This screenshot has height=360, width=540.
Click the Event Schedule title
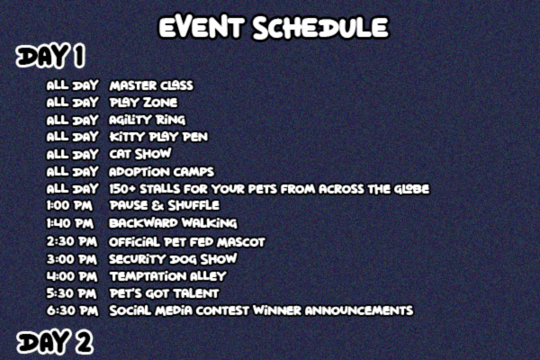tap(274, 27)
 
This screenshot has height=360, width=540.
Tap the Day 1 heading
tap(50, 56)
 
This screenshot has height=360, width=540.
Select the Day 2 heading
tap(54, 342)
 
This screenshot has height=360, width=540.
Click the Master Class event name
tap(151, 85)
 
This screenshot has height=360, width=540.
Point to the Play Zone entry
tap(143, 103)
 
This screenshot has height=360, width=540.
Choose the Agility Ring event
tap(147, 120)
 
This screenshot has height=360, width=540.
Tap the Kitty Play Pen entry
tap(158, 137)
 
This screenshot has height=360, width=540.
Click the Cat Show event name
tap(139, 154)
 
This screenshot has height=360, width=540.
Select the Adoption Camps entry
tap(161, 172)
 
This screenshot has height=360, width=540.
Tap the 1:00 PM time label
tap(69, 206)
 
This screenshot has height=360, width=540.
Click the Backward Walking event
tap(173, 223)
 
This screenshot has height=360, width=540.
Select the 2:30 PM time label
tap(72, 241)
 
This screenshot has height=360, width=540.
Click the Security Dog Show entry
tap(173, 259)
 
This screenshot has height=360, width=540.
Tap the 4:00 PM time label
tap(72, 276)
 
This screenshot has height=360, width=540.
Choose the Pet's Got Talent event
tap(164, 293)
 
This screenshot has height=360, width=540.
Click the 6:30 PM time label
tap(72, 310)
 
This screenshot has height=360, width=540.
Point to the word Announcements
tap(359, 310)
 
